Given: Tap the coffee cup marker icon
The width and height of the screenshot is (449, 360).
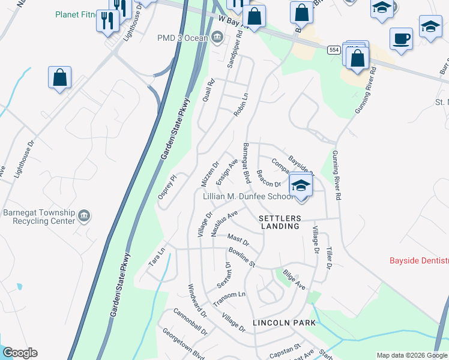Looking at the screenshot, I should [x=401, y=39].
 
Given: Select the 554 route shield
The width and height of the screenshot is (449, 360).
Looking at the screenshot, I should [x=334, y=51].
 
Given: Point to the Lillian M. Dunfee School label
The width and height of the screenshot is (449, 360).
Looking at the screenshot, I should [x=248, y=196].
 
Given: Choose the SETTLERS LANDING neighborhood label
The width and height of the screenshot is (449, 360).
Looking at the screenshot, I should [x=279, y=222].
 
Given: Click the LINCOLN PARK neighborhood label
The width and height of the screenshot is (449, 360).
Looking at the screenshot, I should [x=284, y=322].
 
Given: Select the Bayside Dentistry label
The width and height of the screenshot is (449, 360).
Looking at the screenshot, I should [x=419, y=260].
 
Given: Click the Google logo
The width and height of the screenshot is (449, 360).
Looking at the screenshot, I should [x=19, y=353].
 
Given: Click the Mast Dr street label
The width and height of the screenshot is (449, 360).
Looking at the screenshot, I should [x=238, y=238].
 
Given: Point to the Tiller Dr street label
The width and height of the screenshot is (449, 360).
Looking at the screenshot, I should [x=328, y=257].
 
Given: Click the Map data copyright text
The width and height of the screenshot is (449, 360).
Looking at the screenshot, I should [x=412, y=355].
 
